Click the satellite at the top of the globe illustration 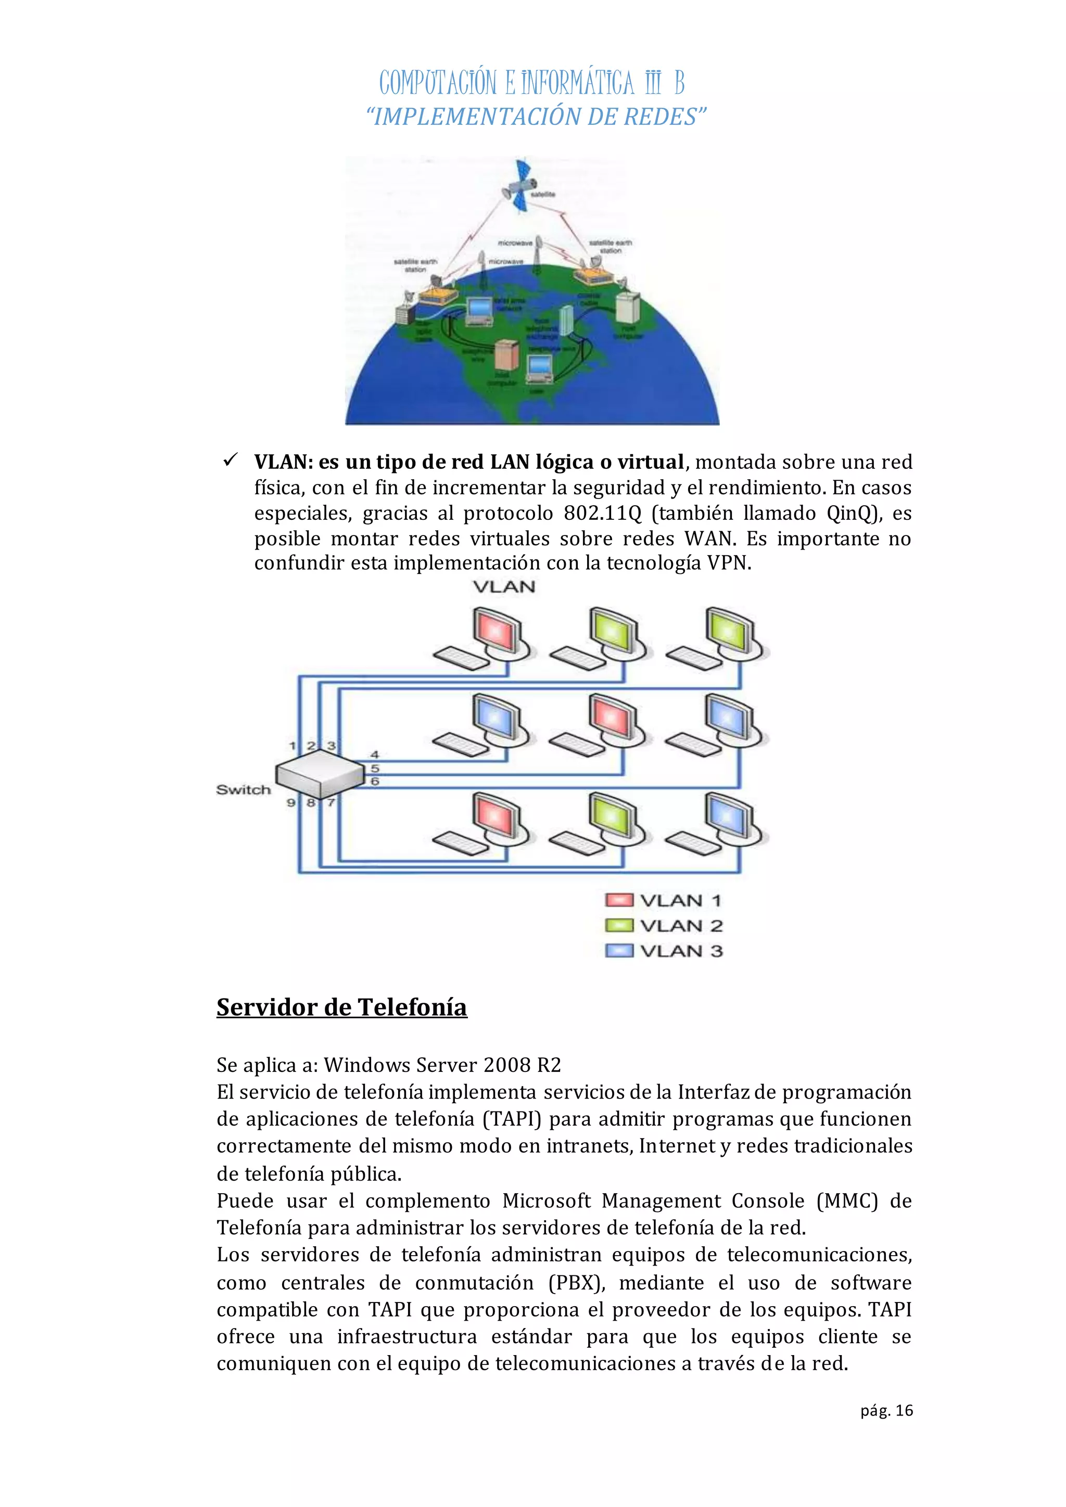tap(521, 186)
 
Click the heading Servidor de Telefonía tap(341, 1007)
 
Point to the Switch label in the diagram tap(244, 789)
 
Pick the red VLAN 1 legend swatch tap(619, 900)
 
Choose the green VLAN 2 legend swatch tap(619, 925)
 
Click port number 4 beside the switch tap(375, 755)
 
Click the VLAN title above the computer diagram tap(504, 587)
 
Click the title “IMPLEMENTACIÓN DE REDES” tap(536, 117)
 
